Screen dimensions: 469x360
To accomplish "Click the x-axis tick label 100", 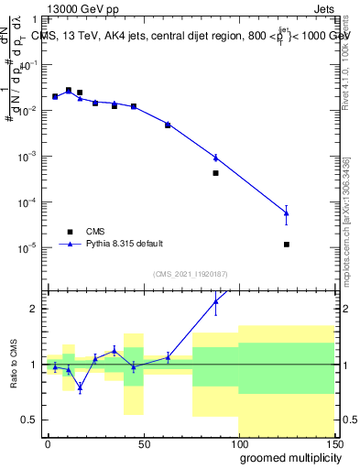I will tap(238, 444).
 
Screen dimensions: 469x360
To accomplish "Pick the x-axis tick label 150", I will tap(333, 444).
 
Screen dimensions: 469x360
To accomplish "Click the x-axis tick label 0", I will tap(48, 444).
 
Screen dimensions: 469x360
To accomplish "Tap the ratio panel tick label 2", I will tap(33, 309).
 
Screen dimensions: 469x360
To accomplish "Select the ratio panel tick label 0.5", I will tap(29, 420).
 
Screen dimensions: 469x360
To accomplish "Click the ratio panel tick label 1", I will tap(33, 365).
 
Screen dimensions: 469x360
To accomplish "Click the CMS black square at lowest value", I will tap(287, 245).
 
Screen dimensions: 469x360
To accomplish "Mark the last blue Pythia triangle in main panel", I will tap(287, 213).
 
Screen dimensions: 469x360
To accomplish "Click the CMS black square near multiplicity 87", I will tap(215, 172).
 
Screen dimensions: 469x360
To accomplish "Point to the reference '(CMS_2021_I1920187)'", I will tap(189, 273).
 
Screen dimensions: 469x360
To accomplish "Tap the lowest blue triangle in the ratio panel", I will tap(80, 387).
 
